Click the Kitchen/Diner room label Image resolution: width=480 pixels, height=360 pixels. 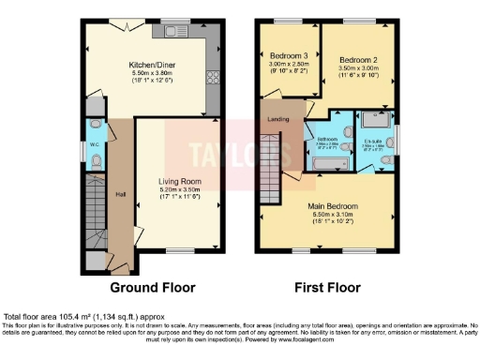pyautogui.click(x=152, y=65)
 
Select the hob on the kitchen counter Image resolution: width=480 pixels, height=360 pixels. pyautogui.click(x=211, y=76)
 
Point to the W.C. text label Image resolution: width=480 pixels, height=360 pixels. pyautogui.click(x=95, y=145)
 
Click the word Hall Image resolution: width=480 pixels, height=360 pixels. pyautogui.click(x=120, y=194)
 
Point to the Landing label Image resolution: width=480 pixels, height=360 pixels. pyautogui.click(x=277, y=119)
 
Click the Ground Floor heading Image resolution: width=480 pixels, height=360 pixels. pyautogui.click(x=153, y=288)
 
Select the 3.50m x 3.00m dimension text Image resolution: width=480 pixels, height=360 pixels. pyautogui.click(x=358, y=67)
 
